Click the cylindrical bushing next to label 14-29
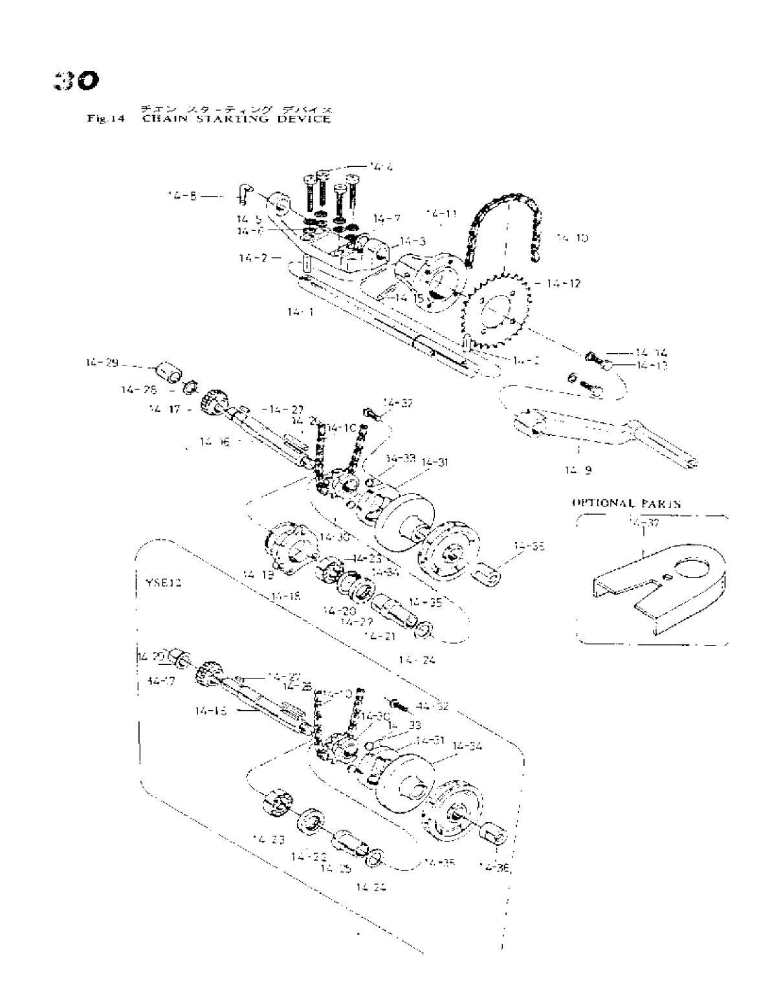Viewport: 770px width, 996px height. point(167,375)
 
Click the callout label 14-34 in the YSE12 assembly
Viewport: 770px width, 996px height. point(467,746)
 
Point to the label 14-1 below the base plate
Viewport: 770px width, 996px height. point(301,312)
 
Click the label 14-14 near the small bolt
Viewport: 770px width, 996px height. point(650,353)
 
